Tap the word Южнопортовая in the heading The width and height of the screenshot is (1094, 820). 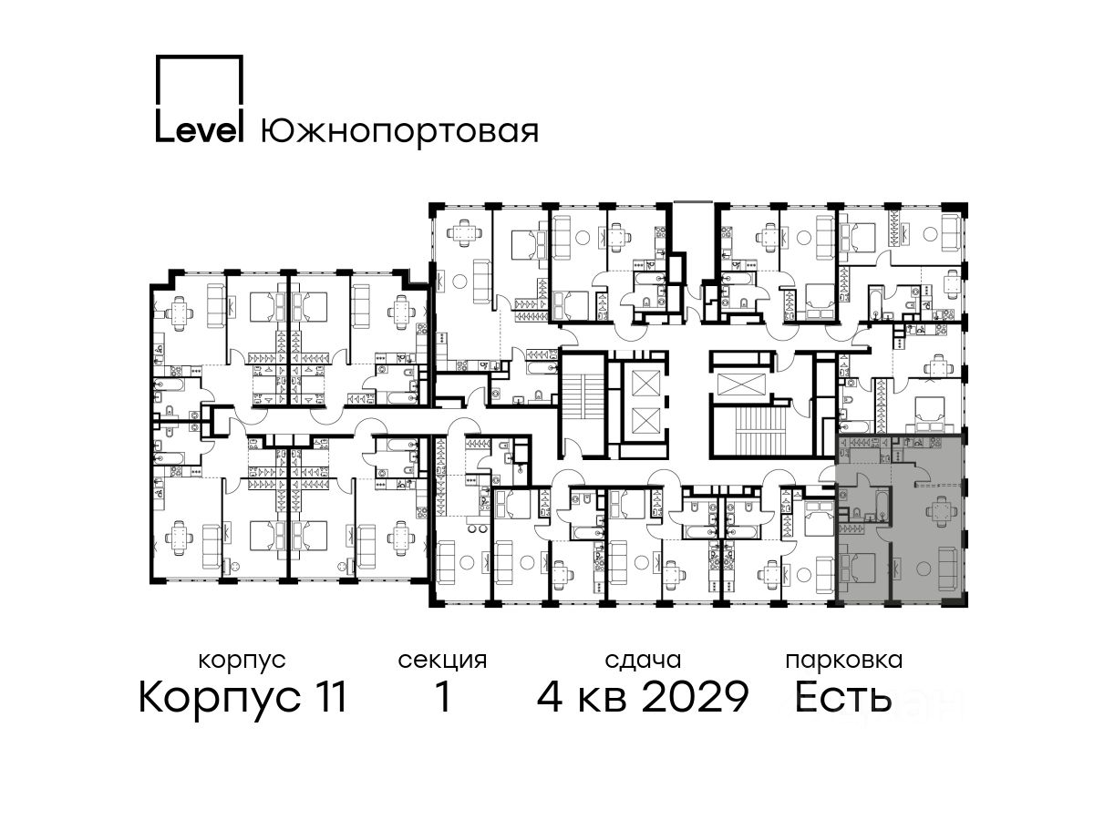coord(399,131)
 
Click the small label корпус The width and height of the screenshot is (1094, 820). coord(242,661)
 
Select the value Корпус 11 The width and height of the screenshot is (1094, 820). coord(243,698)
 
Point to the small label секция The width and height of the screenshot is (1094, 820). coord(442,661)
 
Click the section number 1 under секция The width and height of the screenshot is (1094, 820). coord(443,697)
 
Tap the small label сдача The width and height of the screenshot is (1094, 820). coord(643,661)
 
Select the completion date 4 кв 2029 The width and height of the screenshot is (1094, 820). coord(643,697)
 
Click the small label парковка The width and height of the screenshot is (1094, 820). coord(844,661)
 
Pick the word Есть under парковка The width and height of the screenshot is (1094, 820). coord(842,697)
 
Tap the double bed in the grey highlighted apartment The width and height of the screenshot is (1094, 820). coord(858,568)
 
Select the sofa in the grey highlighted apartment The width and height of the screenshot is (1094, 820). coord(947,569)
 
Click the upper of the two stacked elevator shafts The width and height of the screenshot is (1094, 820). coord(645,383)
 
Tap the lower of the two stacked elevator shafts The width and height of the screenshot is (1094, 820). coord(645,422)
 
